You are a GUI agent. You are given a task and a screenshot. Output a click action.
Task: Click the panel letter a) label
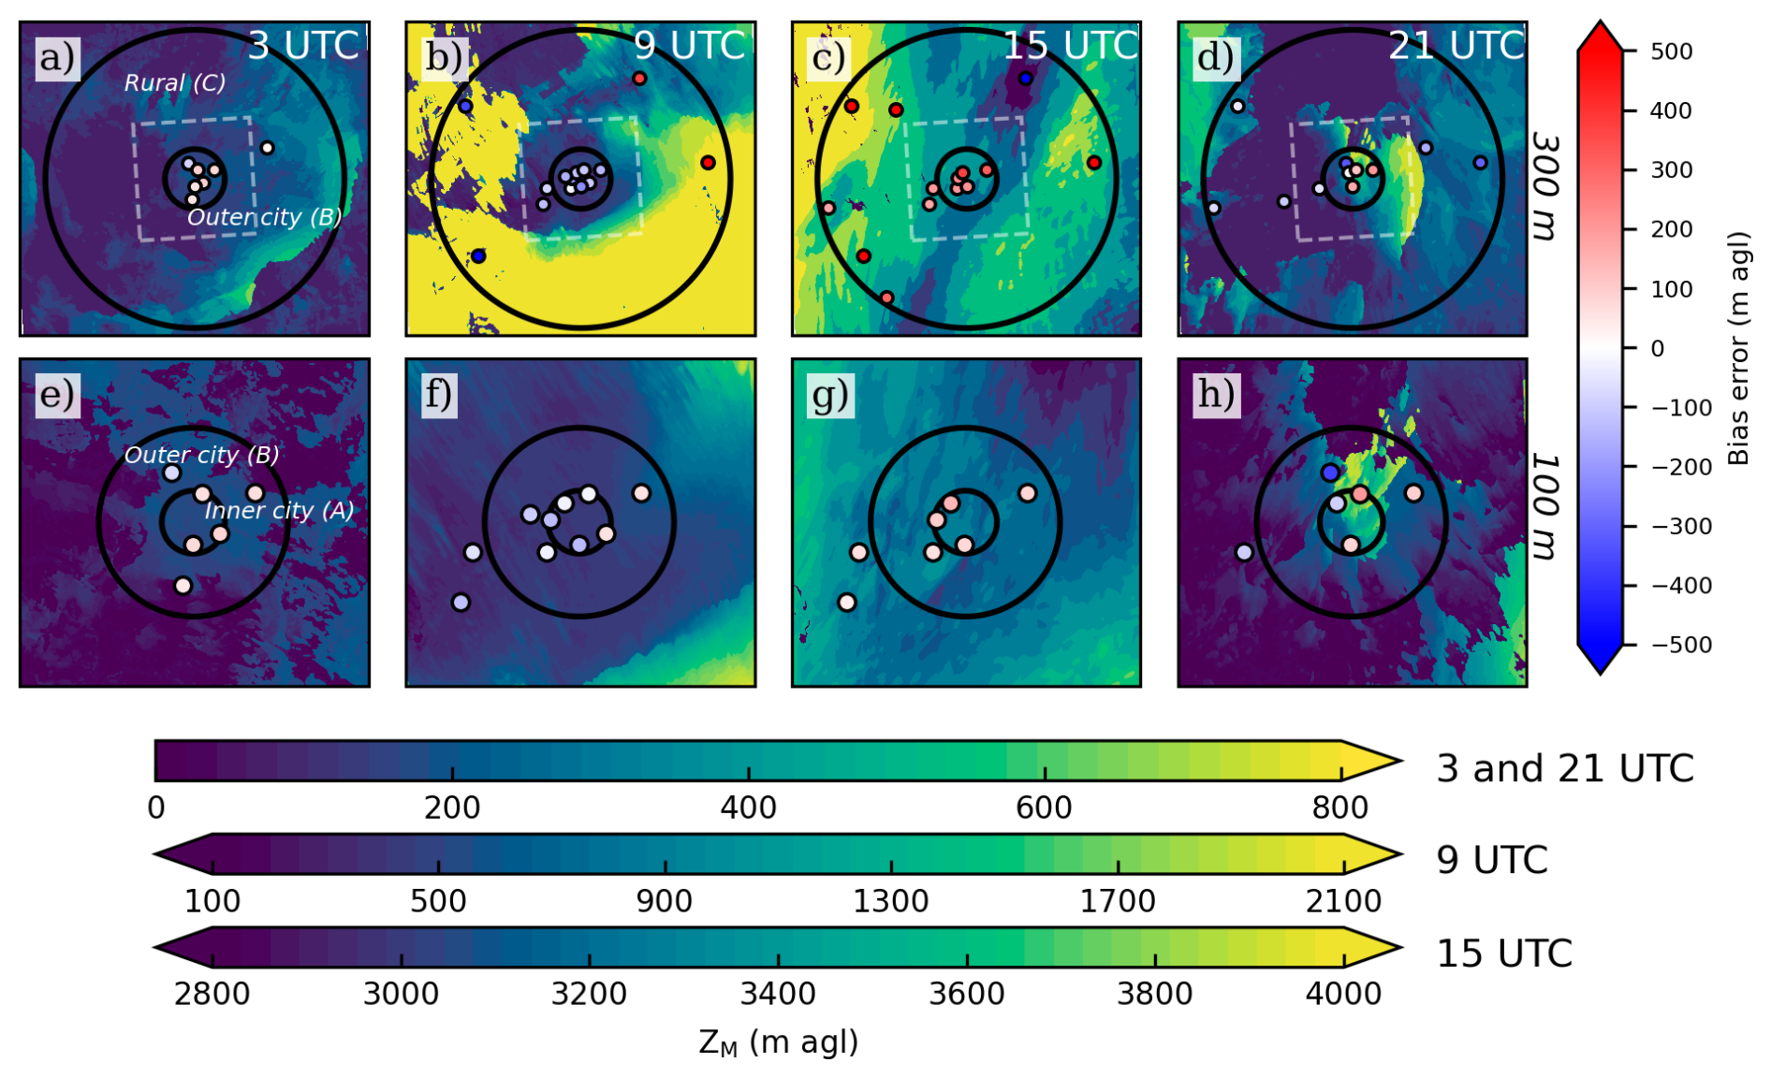coord(56,58)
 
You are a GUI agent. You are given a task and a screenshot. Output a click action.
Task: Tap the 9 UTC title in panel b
coord(690,45)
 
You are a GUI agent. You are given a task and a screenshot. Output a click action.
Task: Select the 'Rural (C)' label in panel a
coord(175,83)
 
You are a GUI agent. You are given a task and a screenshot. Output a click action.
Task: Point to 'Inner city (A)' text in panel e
coord(279,511)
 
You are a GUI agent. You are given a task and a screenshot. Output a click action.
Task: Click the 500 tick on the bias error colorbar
coord(1671,51)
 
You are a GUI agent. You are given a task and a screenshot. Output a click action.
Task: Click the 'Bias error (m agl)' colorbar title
coord(1738,348)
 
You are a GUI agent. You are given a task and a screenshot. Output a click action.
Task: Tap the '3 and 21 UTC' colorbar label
coord(1565,769)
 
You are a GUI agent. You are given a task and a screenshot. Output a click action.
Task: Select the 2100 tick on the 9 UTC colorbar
coord(1343,901)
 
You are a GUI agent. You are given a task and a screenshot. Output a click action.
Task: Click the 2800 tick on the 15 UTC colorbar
coord(212,993)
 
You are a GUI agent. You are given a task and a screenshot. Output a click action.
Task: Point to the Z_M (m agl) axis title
coord(778,1042)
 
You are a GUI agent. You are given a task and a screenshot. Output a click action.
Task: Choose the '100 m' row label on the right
coord(1547,507)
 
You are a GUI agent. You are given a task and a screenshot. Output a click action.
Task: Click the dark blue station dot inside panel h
coord(1330,473)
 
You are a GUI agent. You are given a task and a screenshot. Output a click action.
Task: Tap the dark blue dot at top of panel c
coord(1026,79)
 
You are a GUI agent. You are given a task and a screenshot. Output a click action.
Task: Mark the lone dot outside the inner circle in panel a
coord(268,148)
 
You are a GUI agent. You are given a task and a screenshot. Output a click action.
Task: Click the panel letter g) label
coord(829,395)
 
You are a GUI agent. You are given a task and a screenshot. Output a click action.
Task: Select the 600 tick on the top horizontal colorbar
coord(1044,808)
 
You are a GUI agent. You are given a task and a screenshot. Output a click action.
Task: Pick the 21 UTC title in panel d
coord(1456,45)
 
